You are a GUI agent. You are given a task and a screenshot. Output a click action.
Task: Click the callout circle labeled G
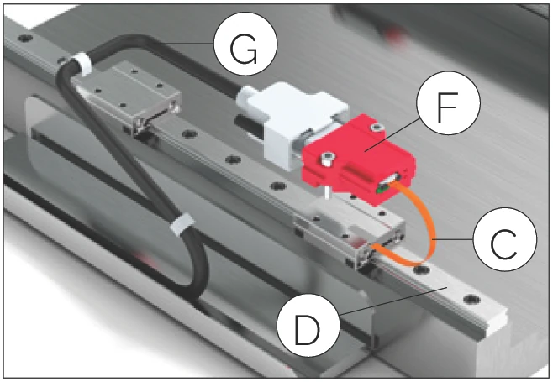[x=245, y=44]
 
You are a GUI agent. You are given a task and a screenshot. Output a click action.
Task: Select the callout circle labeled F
[x=448, y=102]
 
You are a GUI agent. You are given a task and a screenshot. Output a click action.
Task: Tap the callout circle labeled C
[x=505, y=239]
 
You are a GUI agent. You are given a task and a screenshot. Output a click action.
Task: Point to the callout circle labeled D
[x=308, y=325]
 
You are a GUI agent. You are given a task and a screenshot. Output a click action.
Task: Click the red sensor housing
[x=359, y=160]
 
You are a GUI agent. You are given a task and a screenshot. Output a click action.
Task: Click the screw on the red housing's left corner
[x=328, y=158]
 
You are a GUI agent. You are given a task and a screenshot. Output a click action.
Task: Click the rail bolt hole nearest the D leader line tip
[x=471, y=300]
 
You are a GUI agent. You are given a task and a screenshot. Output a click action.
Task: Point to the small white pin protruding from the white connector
[x=244, y=97]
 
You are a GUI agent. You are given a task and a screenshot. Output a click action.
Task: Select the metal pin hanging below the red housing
[x=328, y=193]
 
